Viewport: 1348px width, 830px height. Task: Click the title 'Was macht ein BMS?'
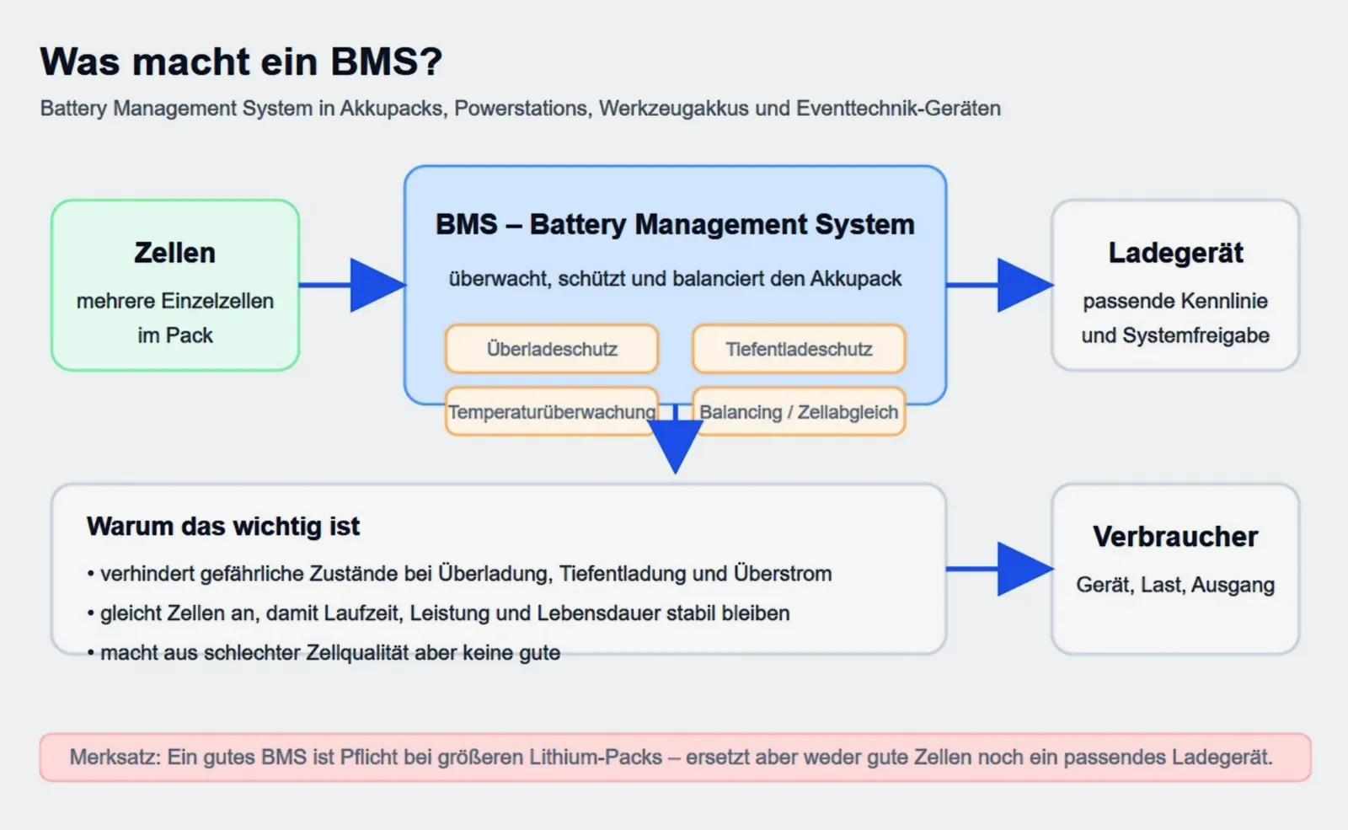pos(241,62)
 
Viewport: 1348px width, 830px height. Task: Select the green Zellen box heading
pos(175,253)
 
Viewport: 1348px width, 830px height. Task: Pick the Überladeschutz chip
pos(552,349)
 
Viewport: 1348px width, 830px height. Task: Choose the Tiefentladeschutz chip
pos(799,349)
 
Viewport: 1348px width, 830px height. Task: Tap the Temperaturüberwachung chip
pos(552,412)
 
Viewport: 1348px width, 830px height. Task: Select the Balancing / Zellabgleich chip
pos(799,412)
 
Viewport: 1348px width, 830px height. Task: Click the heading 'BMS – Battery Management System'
pos(675,225)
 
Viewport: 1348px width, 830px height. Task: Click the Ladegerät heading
pos(1175,253)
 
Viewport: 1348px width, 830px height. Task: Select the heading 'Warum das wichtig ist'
pos(223,527)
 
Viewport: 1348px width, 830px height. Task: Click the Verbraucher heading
pos(1175,537)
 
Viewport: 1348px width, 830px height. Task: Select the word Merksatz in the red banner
pos(115,758)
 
